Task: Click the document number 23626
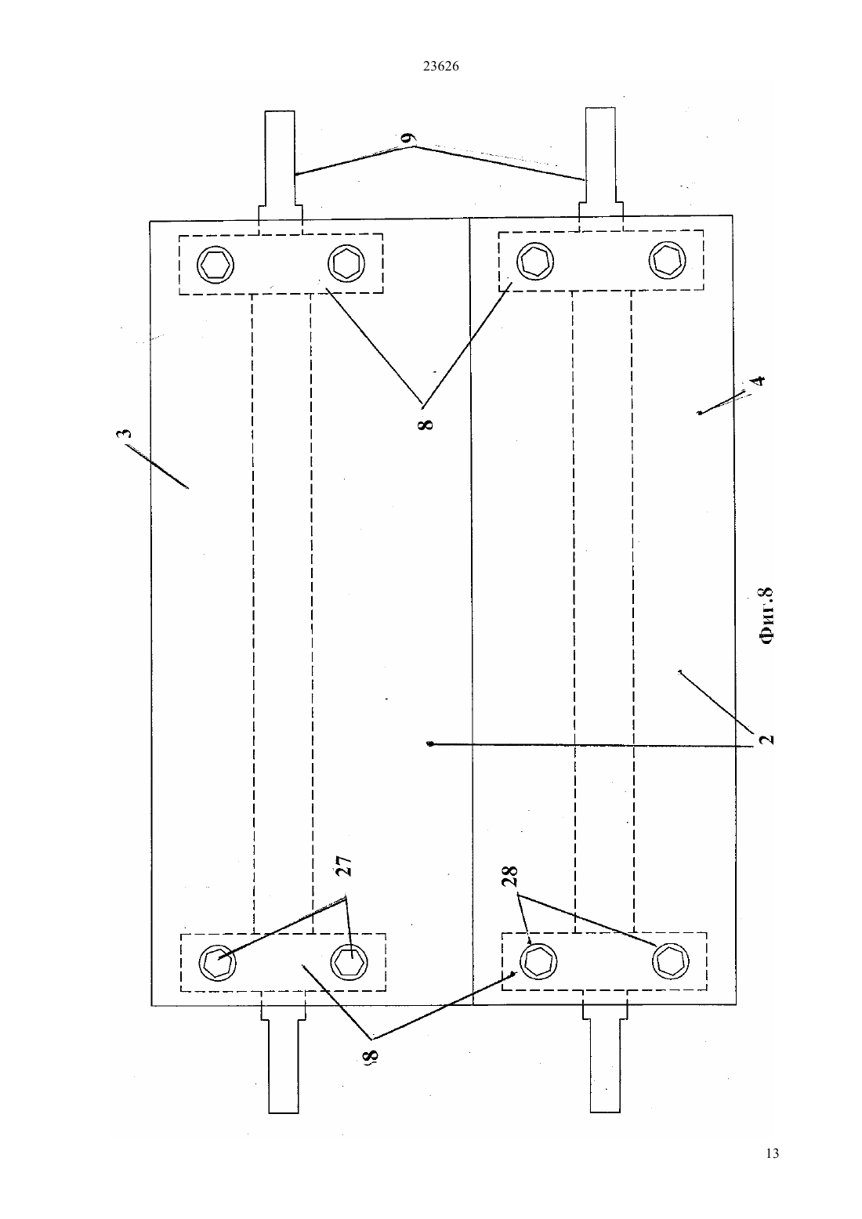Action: coord(440,67)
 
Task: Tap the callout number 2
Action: coord(766,739)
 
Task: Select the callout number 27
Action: coord(345,866)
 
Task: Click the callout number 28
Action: coord(510,876)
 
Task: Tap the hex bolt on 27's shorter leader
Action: coord(349,962)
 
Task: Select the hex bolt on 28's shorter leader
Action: coord(538,961)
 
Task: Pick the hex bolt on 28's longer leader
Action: coord(671,961)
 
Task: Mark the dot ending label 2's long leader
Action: coord(430,743)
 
